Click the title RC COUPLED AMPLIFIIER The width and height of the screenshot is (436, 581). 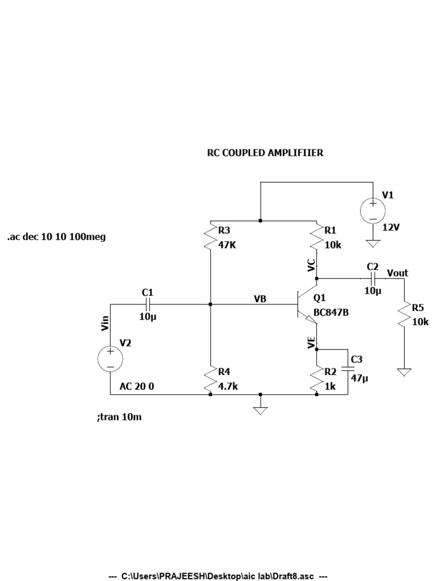point(265,153)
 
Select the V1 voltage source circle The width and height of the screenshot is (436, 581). point(374,210)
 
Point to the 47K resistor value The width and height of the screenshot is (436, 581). point(228,246)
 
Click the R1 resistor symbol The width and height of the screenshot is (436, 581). point(316,239)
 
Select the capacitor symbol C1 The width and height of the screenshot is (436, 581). point(148,305)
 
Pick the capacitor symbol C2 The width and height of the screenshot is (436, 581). point(373,279)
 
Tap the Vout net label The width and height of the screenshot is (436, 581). point(397,273)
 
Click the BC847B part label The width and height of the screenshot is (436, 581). point(330,313)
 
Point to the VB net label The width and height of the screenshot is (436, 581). point(261,298)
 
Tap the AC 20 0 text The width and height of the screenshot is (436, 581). point(137,386)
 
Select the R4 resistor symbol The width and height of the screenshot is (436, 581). point(210,380)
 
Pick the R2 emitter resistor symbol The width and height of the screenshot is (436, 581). point(316,380)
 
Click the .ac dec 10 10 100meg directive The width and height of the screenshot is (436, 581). point(56,237)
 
